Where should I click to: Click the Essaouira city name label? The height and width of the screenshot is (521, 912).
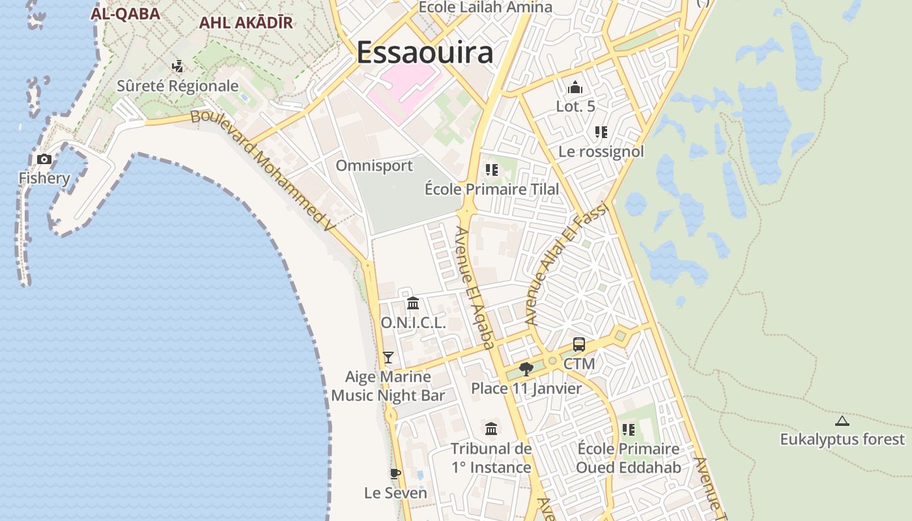pyautogui.click(x=425, y=53)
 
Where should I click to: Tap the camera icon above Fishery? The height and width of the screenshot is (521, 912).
pyautogui.click(x=44, y=159)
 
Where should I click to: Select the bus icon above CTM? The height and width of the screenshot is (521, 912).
pyautogui.click(x=579, y=345)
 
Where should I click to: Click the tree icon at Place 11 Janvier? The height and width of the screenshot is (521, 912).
pyautogui.click(x=526, y=369)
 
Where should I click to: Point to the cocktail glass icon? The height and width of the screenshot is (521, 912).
pyautogui.click(x=388, y=357)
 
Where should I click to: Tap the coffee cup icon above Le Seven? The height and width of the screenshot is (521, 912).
pyautogui.click(x=395, y=473)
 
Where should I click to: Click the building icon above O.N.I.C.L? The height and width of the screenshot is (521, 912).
pyautogui.click(x=413, y=303)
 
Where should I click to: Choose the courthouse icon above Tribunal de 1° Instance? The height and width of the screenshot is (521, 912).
pyautogui.click(x=491, y=429)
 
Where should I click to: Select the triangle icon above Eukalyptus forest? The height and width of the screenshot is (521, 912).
pyautogui.click(x=842, y=421)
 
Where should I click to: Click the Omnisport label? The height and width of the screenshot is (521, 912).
pyautogui.click(x=374, y=165)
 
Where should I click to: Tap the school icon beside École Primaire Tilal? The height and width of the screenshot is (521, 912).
pyautogui.click(x=491, y=170)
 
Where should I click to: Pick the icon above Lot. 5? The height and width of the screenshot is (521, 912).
pyautogui.click(x=575, y=87)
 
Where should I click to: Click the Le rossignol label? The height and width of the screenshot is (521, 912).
pyautogui.click(x=601, y=151)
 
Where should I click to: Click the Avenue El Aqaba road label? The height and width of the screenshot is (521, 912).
pyautogui.click(x=475, y=287)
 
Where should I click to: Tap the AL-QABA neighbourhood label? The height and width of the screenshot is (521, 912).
pyautogui.click(x=125, y=13)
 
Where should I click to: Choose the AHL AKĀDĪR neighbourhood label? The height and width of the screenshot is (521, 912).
pyautogui.click(x=246, y=22)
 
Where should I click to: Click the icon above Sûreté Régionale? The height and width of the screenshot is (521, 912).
pyautogui.click(x=177, y=66)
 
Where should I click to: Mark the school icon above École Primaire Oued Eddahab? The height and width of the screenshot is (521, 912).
pyautogui.click(x=629, y=430)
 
